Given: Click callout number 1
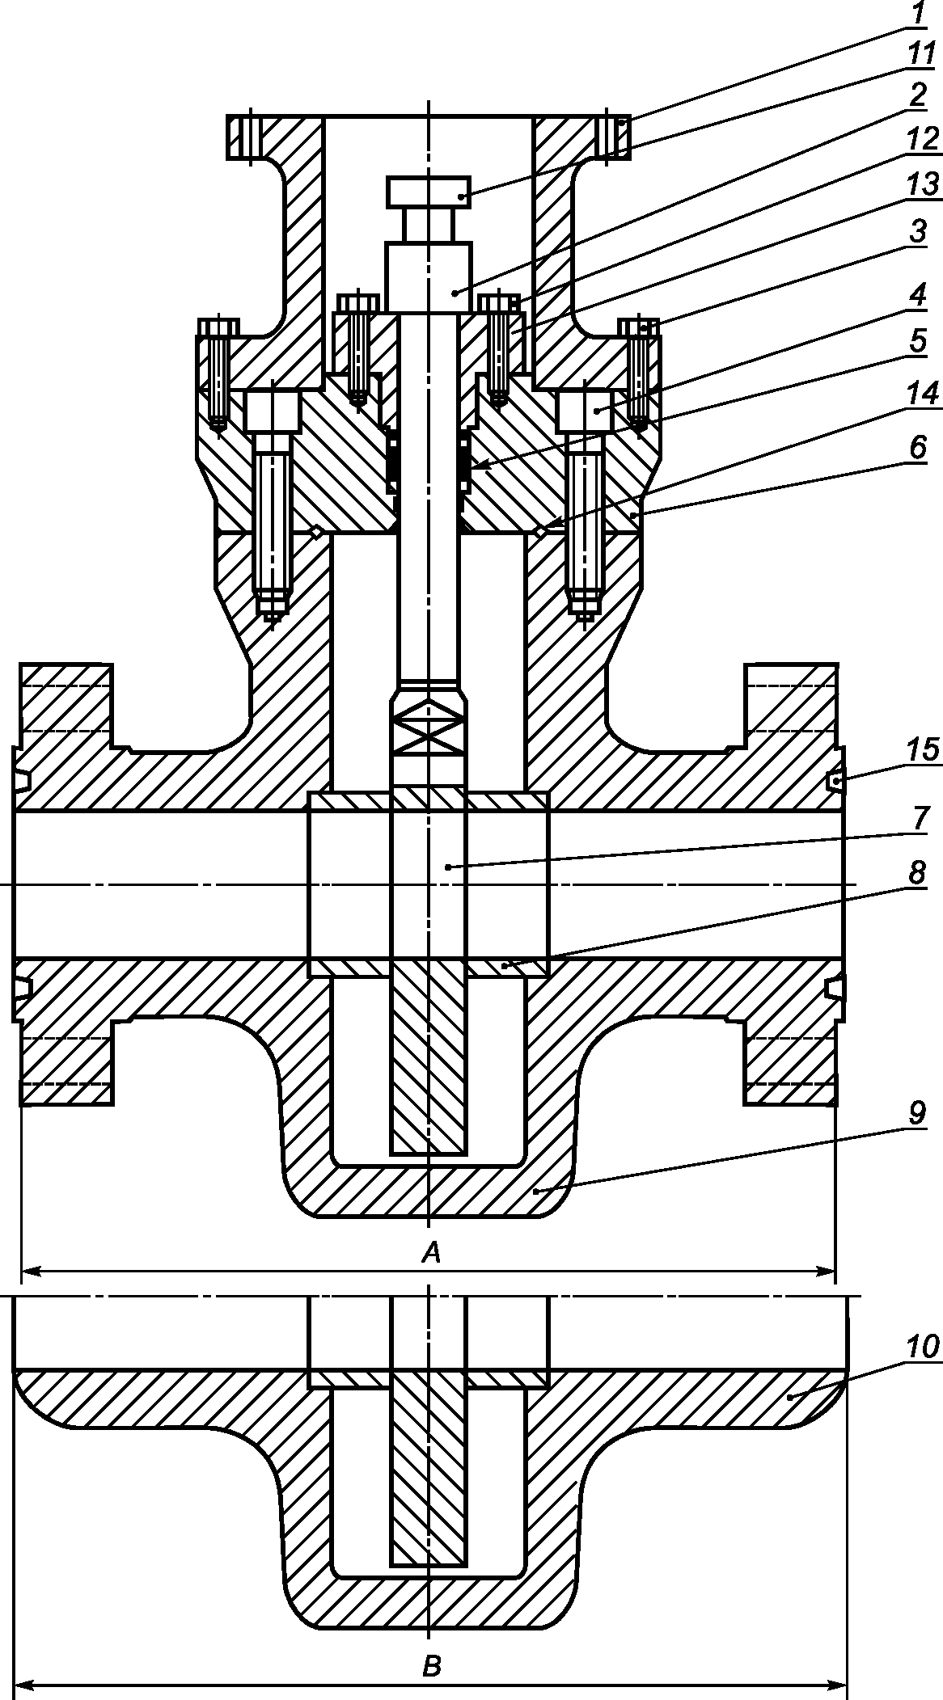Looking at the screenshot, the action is click(x=919, y=15).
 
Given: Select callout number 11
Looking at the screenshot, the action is click(x=919, y=56).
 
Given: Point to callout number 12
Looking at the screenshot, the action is click(x=921, y=140).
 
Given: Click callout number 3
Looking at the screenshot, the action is click(x=917, y=232).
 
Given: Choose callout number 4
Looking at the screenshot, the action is click(x=917, y=295).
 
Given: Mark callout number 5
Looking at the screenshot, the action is click(x=917, y=340).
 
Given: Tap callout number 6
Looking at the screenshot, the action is click(x=917, y=449).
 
